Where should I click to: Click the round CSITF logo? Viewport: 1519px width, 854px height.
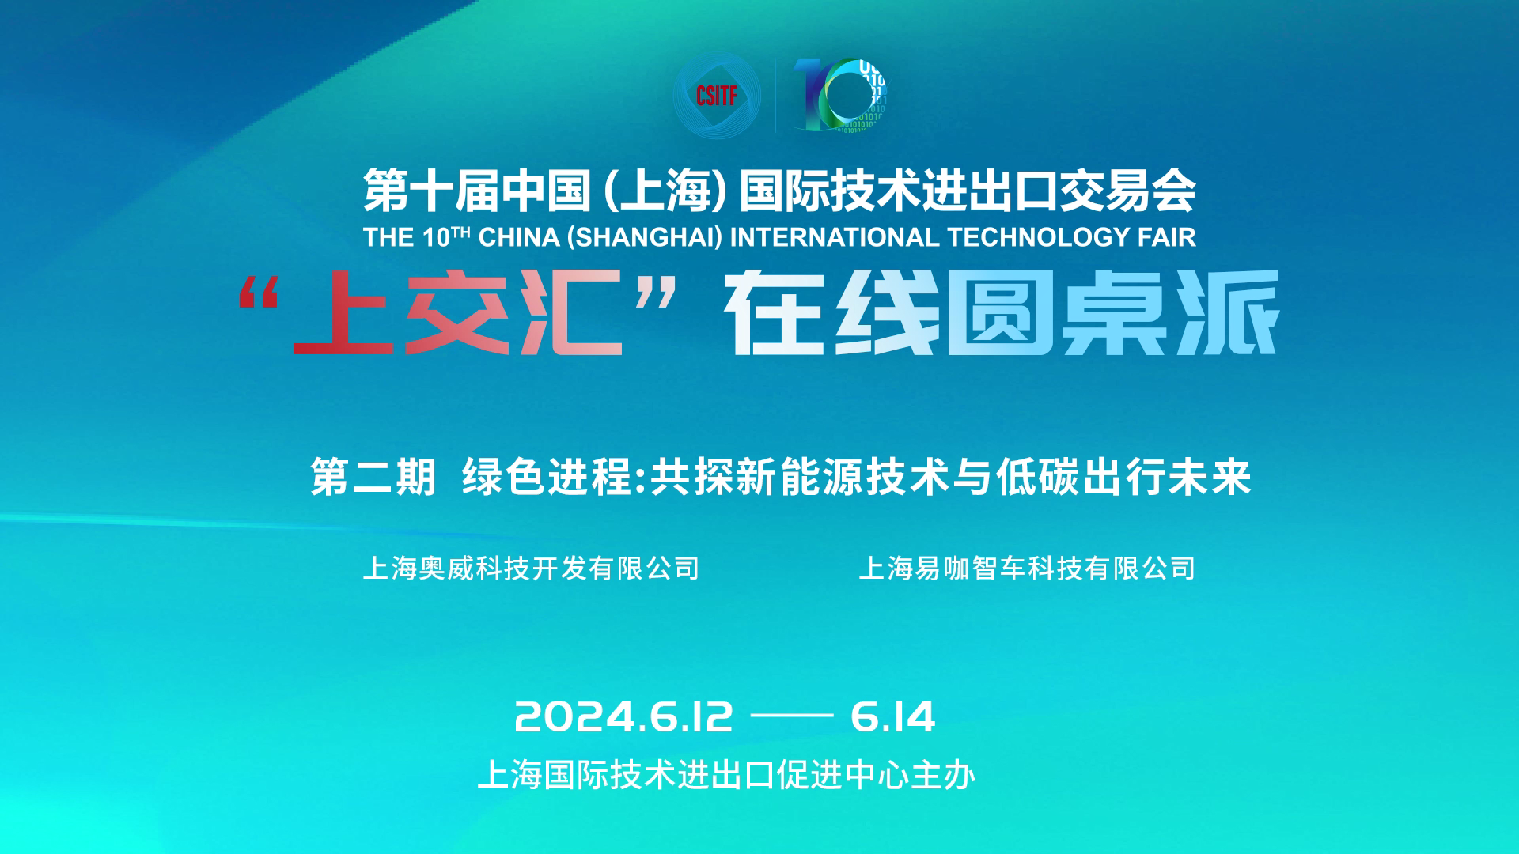click(x=716, y=95)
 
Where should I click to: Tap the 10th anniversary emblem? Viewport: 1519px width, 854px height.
click(x=840, y=95)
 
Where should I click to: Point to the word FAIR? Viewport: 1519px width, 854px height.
click(x=1167, y=237)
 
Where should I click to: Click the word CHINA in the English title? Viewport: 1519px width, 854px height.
click(x=520, y=237)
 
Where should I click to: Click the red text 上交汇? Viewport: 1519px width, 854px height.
click(x=457, y=313)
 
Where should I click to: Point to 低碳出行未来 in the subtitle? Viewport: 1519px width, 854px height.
click(x=1123, y=477)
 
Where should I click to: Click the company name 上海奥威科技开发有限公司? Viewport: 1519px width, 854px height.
click(x=532, y=569)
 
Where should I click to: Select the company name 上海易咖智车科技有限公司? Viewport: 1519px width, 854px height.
click(x=1027, y=569)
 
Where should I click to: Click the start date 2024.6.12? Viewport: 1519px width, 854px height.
click(x=624, y=716)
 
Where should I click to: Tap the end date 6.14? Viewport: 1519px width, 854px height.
click(x=893, y=716)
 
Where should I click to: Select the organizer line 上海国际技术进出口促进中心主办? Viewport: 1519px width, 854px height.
click(x=726, y=775)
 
